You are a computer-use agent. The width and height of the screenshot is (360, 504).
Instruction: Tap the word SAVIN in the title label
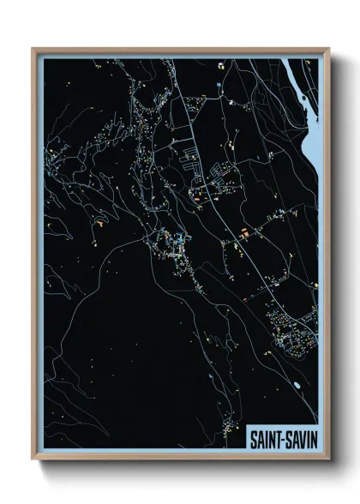tap(297, 439)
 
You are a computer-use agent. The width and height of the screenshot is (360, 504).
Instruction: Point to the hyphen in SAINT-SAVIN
tap(279, 439)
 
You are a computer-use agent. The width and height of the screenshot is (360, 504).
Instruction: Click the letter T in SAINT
tap(273, 439)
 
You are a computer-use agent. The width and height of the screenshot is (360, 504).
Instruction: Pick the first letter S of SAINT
tap(251, 439)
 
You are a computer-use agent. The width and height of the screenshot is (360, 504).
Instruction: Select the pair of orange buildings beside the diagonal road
tap(245, 232)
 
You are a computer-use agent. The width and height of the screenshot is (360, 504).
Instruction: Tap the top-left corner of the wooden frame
tap(33, 49)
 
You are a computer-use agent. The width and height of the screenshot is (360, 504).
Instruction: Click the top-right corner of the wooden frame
tap(328, 49)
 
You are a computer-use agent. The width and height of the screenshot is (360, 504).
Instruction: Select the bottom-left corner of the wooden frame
tap(33, 459)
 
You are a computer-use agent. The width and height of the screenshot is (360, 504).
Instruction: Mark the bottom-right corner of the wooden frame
tap(328, 459)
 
